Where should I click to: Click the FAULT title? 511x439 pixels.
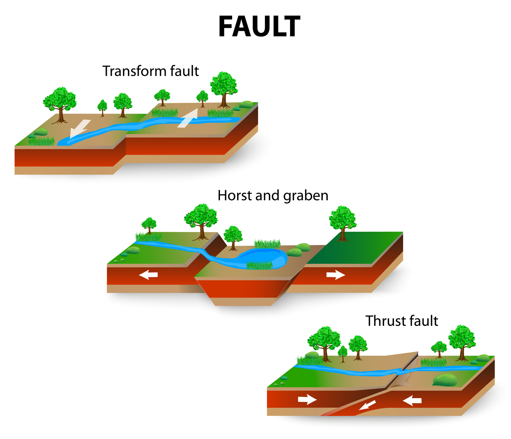(259, 27)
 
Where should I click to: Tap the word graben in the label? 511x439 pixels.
(306, 196)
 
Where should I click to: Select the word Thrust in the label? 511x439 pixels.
(383, 321)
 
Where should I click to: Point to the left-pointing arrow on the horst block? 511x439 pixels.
(148, 275)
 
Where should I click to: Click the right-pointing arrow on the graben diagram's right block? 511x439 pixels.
(336, 275)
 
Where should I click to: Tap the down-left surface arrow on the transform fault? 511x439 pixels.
(79, 129)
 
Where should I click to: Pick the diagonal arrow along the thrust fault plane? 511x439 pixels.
(367, 405)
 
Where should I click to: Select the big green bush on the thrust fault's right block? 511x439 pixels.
(445, 380)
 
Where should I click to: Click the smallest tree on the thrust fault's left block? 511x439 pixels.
(343, 354)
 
